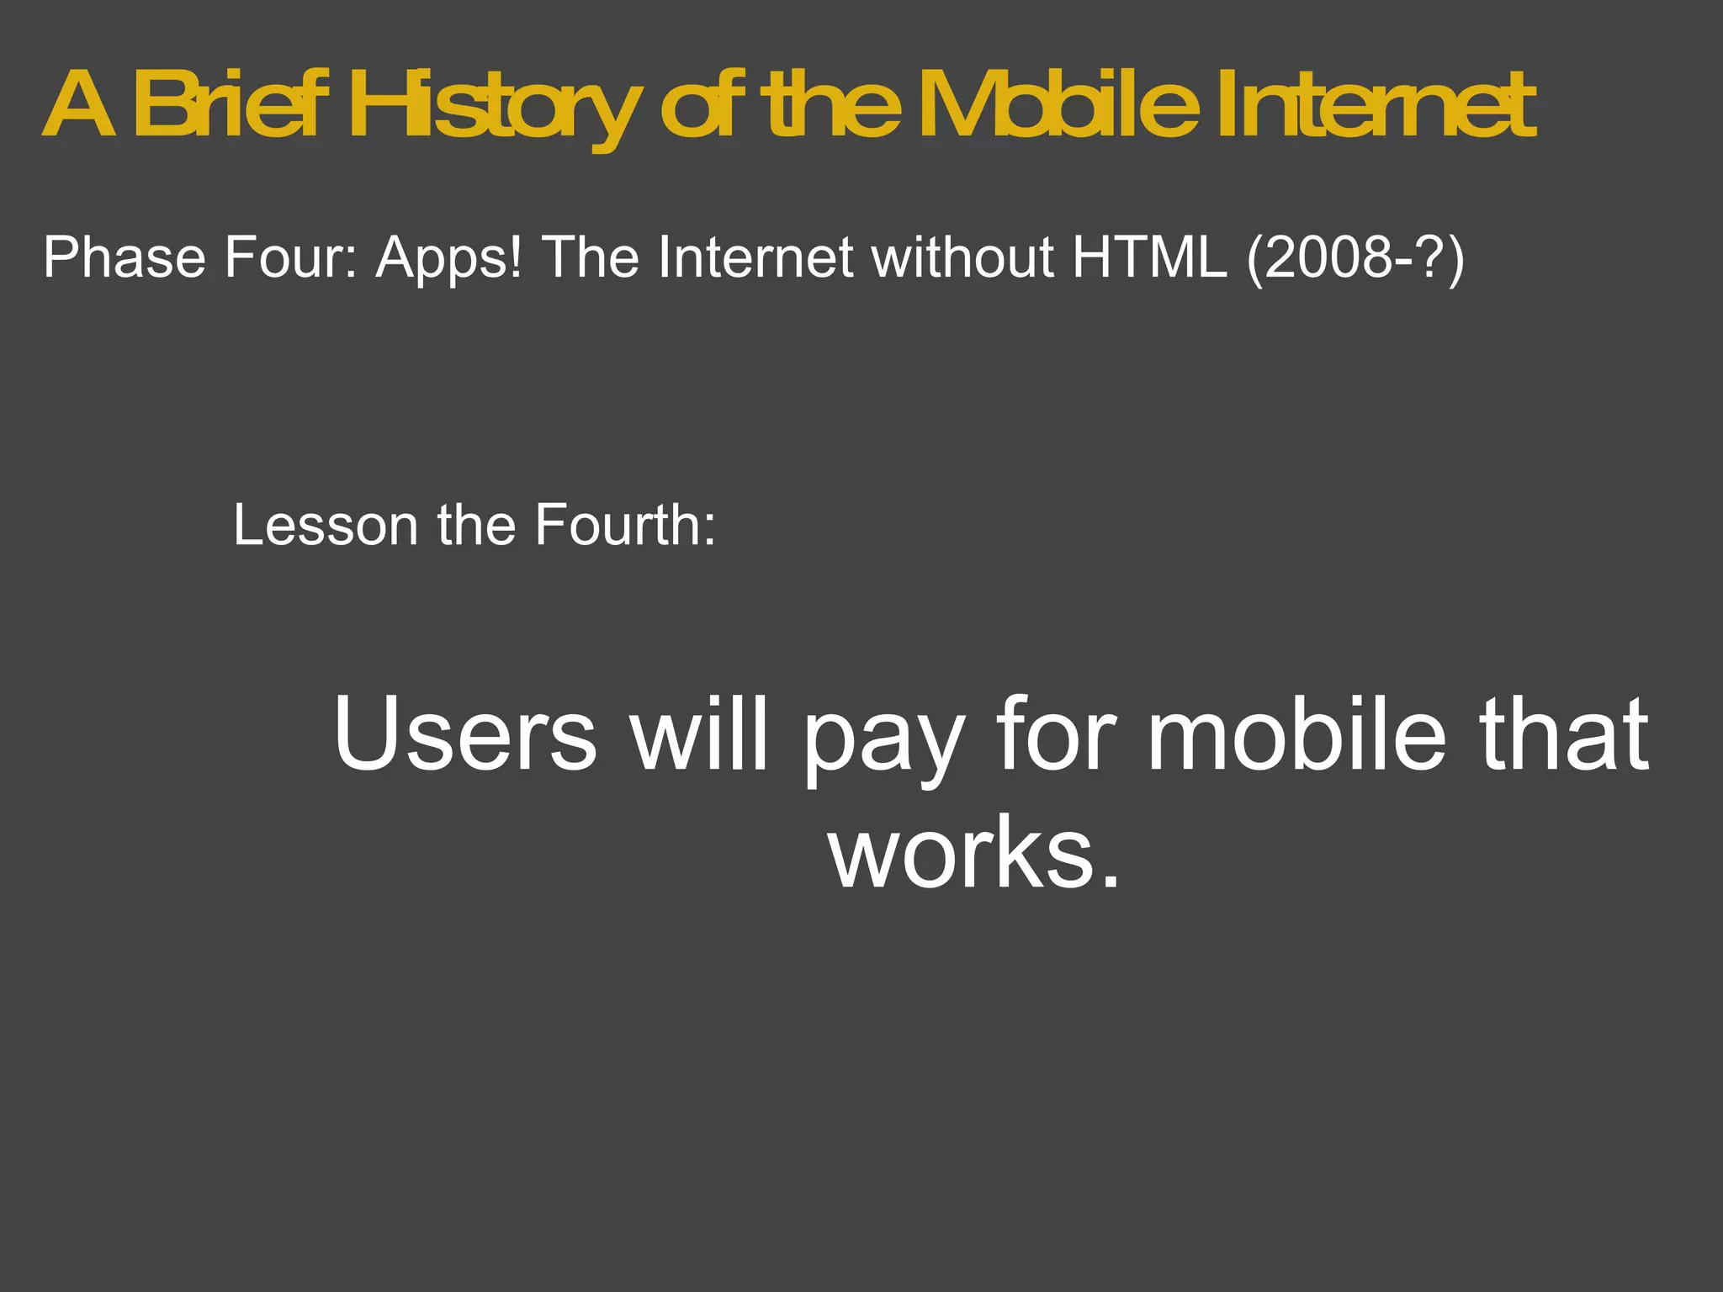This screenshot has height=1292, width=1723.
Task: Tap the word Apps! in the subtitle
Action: (x=448, y=257)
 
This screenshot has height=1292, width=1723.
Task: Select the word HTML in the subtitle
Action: (x=1149, y=257)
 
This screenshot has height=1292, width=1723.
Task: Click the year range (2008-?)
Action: (x=1355, y=257)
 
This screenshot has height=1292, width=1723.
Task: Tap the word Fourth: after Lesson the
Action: (x=625, y=525)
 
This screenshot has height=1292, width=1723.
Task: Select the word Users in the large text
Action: (x=465, y=733)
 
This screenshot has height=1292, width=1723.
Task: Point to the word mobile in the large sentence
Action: (x=1296, y=733)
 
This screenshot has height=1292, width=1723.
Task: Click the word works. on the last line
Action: (x=976, y=854)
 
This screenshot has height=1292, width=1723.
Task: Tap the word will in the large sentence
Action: (x=701, y=733)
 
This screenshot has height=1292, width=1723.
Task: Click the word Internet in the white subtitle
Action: (x=755, y=257)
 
